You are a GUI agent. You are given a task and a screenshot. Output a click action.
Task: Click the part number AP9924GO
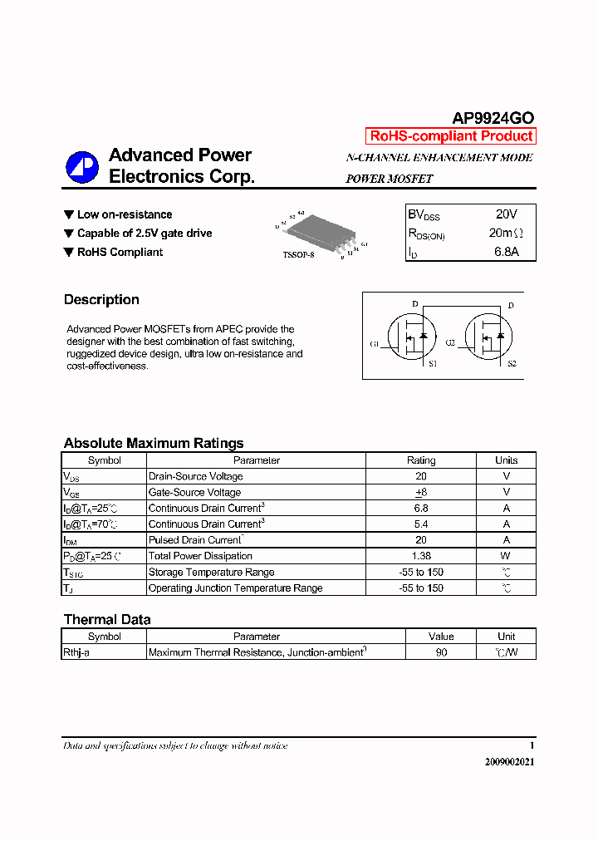click(493, 118)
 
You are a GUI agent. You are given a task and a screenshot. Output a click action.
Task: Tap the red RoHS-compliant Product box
click(450, 136)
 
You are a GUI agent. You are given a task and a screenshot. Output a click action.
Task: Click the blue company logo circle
click(82, 167)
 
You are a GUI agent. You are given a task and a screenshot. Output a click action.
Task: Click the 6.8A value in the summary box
click(505, 252)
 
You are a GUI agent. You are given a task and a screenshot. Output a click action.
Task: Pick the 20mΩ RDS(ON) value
click(506, 234)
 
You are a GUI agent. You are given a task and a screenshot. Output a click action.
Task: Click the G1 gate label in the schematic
click(375, 343)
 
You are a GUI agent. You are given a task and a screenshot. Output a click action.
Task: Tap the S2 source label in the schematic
click(512, 364)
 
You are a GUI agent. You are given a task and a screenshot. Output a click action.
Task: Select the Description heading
click(101, 300)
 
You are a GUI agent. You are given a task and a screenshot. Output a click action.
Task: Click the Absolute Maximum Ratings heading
click(154, 443)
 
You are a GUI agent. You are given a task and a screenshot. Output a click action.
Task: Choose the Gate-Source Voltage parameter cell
click(194, 492)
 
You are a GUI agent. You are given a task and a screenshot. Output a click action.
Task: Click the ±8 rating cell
click(420, 492)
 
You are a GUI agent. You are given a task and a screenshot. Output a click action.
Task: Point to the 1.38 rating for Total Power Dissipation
click(420, 556)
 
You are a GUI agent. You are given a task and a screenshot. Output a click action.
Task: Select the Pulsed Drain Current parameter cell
click(195, 540)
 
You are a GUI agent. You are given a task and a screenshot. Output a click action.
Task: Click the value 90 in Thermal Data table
click(441, 652)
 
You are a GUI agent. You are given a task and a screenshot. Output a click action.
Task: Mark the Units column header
click(506, 460)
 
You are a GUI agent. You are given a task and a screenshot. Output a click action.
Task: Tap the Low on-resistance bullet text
click(125, 214)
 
